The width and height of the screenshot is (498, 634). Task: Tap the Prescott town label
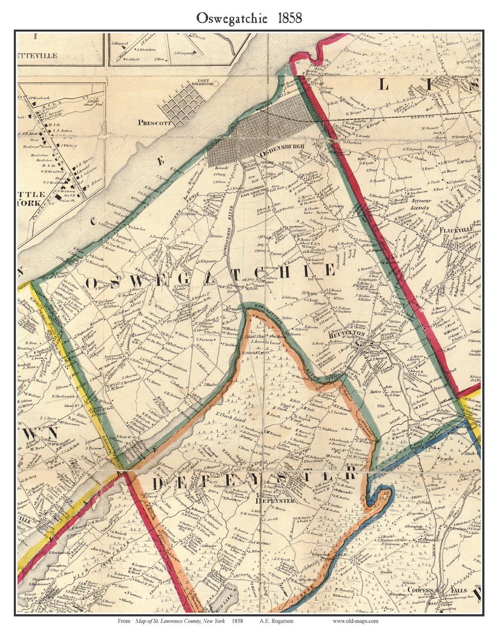coord(154,123)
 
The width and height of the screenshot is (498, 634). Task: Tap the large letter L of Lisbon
coord(384,85)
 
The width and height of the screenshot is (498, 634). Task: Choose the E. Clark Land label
coord(230,421)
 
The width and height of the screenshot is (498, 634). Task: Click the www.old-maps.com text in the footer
coord(355,621)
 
